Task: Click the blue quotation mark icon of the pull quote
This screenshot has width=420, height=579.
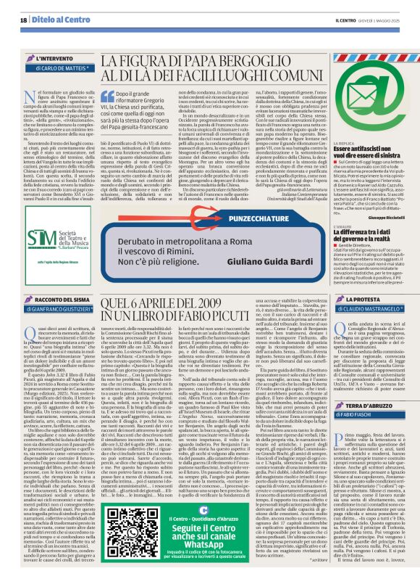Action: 112,92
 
